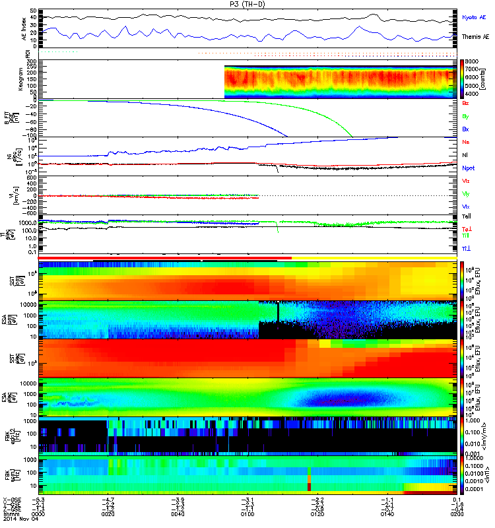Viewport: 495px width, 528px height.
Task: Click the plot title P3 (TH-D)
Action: (x=248, y=4)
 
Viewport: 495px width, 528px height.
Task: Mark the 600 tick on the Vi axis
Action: (x=30, y=177)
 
